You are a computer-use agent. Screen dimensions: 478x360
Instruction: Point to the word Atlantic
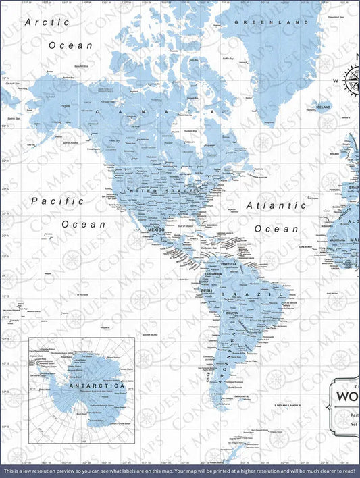276,205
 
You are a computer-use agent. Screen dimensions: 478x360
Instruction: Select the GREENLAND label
266,22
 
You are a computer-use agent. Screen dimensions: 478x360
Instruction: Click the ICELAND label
324,107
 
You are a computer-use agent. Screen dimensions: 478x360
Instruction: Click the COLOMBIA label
214,274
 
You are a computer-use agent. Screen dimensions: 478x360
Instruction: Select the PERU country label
207,291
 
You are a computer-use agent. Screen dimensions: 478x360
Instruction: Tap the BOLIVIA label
232,313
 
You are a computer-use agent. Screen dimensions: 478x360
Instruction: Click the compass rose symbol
352,80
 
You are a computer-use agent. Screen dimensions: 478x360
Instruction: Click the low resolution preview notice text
180,471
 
